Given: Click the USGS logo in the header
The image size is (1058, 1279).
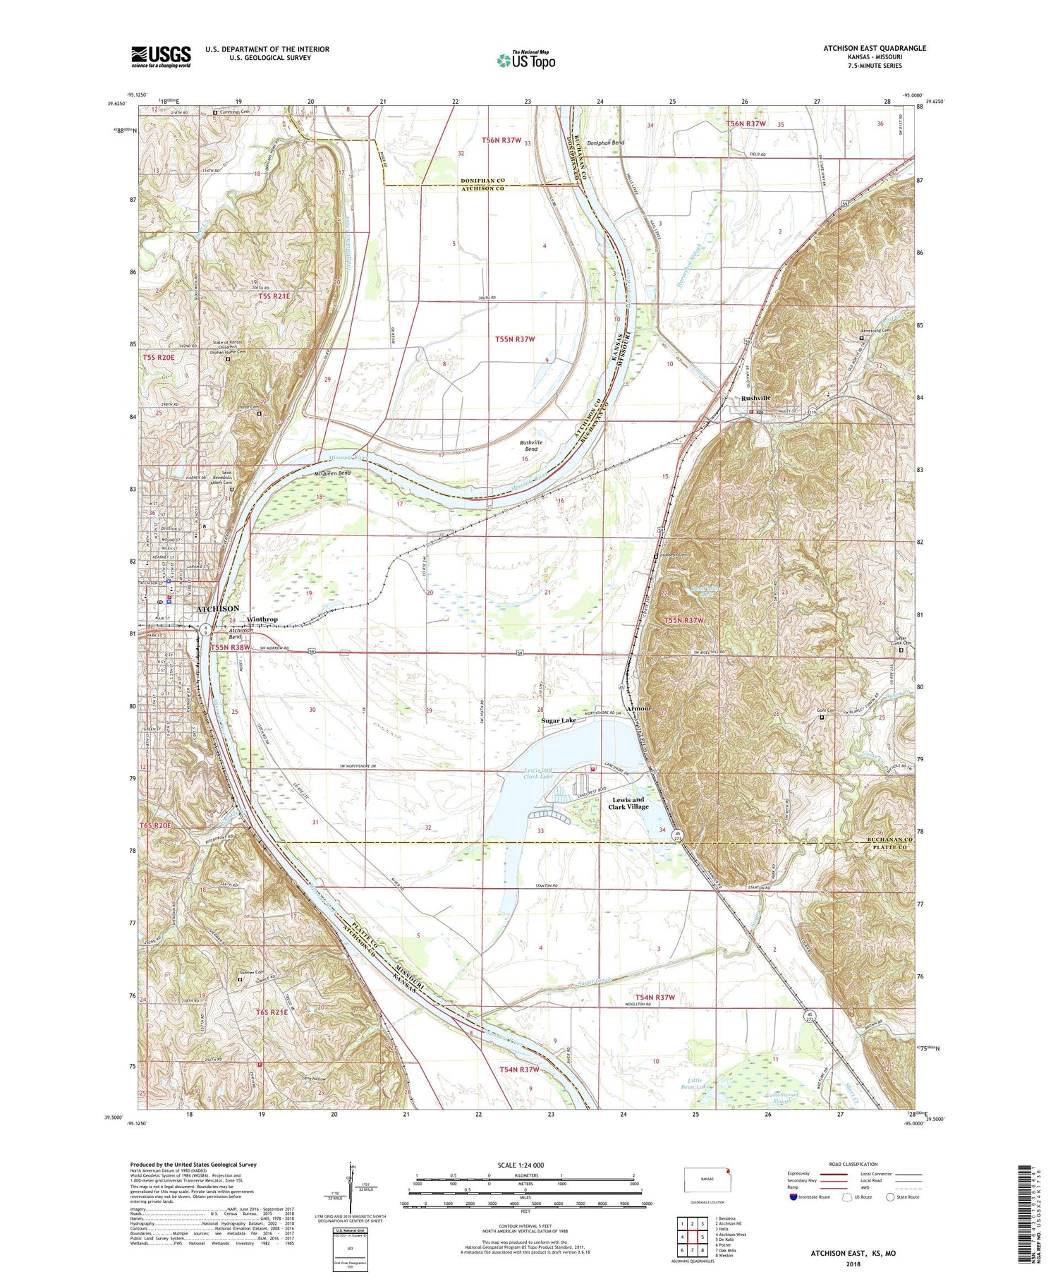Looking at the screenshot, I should tap(161, 56).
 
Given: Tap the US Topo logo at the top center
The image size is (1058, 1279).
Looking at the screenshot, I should tap(526, 60).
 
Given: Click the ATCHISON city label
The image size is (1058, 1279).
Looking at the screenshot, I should tap(217, 608).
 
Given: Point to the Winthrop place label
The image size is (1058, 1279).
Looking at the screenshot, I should tap(262, 619).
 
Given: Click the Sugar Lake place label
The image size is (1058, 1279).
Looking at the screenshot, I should tap(558, 720).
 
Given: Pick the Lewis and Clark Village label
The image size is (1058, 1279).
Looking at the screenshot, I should tap(628, 803).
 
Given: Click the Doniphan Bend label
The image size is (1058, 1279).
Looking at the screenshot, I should tap(605, 143).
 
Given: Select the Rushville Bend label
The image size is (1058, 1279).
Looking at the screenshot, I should tap(529, 445).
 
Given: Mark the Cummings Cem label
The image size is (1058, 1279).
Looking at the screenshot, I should tap(234, 111).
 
